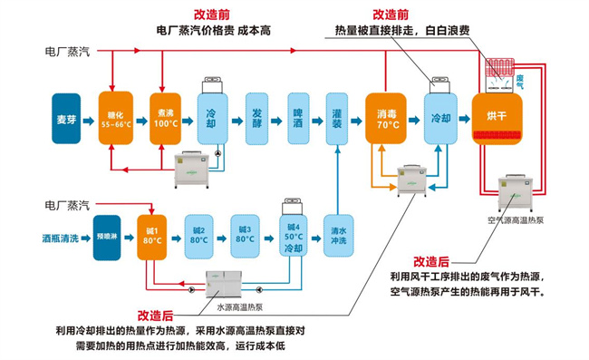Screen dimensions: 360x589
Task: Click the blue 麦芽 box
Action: pyautogui.click(x=68, y=115)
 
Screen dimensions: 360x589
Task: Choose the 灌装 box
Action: pyautogui.click(x=338, y=115)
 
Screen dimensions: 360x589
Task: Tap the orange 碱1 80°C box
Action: pyautogui.click(x=152, y=236)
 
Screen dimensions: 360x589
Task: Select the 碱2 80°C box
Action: pyautogui.click(x=198, y=235)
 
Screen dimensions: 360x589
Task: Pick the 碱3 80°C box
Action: pyautogui.click(x=245, y=235)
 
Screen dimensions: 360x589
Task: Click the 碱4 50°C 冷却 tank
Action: pyautogui.click(x=293, y=235)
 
